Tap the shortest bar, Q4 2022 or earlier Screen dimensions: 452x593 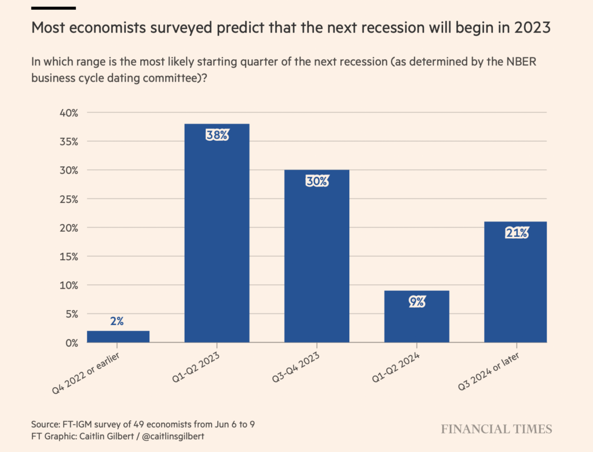pyautogui.click(x=118, y=337)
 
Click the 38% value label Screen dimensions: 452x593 pyautogui.click(x=217, y=136)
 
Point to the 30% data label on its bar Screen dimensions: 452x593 pyautogui.click(x=317, y=181)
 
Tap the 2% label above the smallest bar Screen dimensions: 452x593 pyautogui.click(x=117, y=321)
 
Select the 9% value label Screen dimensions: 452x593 pyautogui.click(x=417, y=302)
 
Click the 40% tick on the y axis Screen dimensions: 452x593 pyautogui.click(x=68, y=113)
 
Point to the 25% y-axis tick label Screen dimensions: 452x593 pyautogui.click(x=68, y=199)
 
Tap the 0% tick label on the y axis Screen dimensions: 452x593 pyautogui.click(x=71, y=342)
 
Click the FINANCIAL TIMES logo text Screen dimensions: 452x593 pyautogui.click(x=496, y=429)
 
